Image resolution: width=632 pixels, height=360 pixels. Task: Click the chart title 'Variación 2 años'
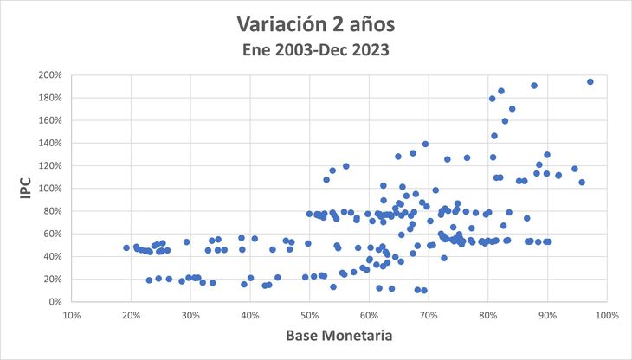click(x=315, y=21)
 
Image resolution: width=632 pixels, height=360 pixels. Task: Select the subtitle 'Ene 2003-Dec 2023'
click(x=315, y=50)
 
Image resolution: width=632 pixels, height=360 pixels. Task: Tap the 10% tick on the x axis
click(x=72, y=313)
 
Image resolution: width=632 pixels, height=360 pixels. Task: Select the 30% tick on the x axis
click(x=190, y=313)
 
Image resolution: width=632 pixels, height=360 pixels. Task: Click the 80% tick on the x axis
click(x=487, y=313)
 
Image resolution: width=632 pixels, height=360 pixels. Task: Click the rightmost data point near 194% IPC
click(x=590, y=82)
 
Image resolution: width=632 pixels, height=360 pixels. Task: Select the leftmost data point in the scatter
click(x=126, y=247)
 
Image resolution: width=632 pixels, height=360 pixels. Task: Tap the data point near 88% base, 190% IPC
click(x=534, y=86)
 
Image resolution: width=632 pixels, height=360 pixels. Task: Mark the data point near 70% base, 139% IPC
click(x=425, y=145)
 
